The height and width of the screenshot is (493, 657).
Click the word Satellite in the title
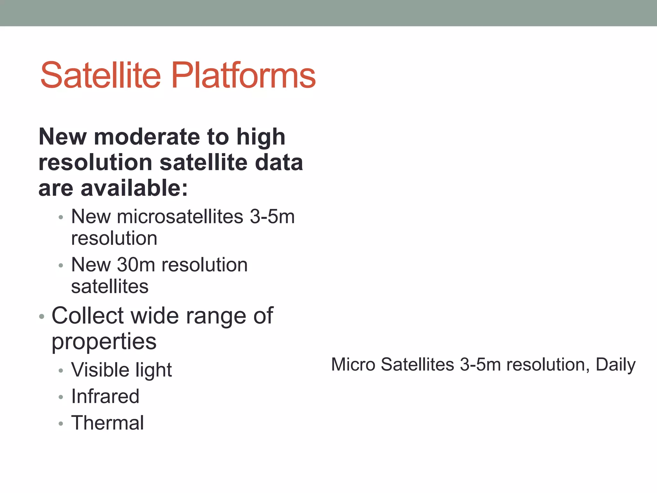pos(100,75)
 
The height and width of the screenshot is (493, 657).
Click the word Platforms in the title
pos(244,75)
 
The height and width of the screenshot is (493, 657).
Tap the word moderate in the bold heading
pos(147,137)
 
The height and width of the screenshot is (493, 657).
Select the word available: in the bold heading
pos(134,188)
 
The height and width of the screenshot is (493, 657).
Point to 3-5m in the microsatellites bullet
pos(272,217)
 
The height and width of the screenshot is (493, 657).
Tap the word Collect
pos(88,316)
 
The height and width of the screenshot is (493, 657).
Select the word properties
pos(104,342)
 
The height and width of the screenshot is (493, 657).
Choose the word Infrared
pos(105,396)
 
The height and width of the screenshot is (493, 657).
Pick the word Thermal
pos(107,423)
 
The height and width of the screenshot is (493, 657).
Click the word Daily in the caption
pos(615,365)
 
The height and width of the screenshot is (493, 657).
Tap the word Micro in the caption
pos(353,365)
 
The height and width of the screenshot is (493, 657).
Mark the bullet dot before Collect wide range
pos(41,317)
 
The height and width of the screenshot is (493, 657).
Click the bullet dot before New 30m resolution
pos(61,266)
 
